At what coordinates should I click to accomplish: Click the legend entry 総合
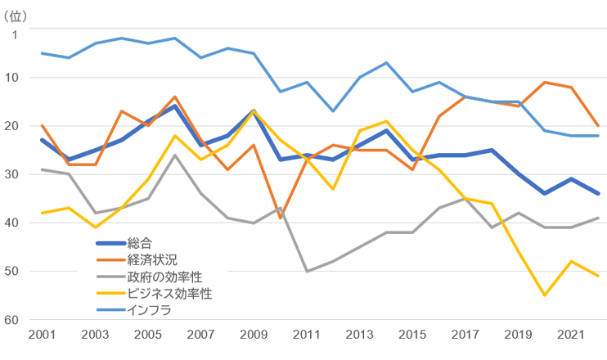click(139, 242)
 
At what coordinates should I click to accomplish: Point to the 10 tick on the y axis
click(16, 78)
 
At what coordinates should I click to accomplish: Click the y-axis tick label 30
click(16, 174)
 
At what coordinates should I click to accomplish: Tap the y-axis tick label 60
click(16, 319)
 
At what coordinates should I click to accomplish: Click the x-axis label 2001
click(42, 335)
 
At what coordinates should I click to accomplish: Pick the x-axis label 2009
click(254, 335)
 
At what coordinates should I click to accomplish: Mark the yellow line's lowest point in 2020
click(546, 295)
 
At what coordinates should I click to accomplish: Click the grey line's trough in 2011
click(308, 271)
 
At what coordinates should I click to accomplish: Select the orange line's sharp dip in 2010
click(281, 218)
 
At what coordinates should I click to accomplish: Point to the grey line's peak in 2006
click(175, 155)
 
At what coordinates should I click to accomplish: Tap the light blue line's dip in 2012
click(334, 110)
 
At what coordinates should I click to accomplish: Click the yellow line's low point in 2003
click(95, 227)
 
